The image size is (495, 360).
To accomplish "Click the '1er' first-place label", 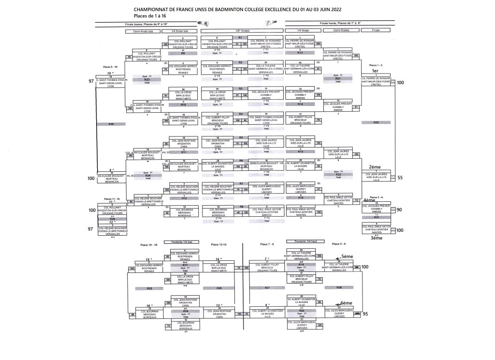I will tap(374, 71).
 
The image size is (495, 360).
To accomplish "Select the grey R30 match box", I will tap(111, 124).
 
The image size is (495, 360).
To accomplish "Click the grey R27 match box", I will tap(267, 288).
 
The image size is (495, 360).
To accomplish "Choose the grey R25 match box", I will tap(149, 288).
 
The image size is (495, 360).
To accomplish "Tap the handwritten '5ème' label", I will tap(348, 257).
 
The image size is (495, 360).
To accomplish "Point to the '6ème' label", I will tap(348, 303).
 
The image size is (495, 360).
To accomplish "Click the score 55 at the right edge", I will tap(399, 178).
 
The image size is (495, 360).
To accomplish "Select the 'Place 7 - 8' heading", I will tap(267, 244).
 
